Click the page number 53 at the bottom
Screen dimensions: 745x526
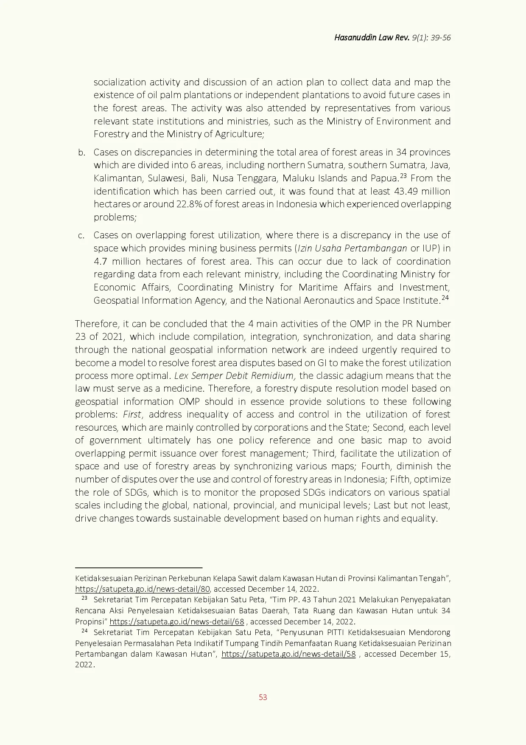click(x=263, y=697)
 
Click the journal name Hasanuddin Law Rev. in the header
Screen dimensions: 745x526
click(x=372, y=38)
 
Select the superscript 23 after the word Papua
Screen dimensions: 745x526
click(x=403, y=175)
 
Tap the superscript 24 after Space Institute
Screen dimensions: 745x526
click(x=445, y=298)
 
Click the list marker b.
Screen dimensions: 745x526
click(x=81, y=152)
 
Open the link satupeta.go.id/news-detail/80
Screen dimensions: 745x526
click(x=143, y=589)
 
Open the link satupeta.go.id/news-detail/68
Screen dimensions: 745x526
click(x=176, y=622)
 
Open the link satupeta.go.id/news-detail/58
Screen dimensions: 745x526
click(x=288, y=654)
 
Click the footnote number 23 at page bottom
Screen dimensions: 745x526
click(x=84, y=598)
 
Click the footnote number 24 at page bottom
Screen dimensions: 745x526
click(x=84, y=631)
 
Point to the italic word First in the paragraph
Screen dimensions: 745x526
click(x=132, y=414)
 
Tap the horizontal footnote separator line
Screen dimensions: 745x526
click(x=139, y=567)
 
